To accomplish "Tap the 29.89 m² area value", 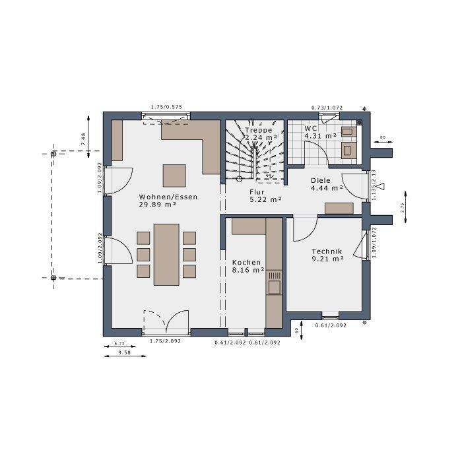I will click(x=158, y=205).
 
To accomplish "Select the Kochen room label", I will click(x=246, y=262).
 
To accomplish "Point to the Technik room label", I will click(x=326, y=251).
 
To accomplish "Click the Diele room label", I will click(x=321, y=179).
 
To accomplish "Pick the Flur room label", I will click(x=257, y=191).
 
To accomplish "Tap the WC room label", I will click(x=311, y=127).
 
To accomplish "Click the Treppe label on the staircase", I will click(x=258, y=130).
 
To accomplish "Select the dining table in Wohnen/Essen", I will click(x=166, y=254).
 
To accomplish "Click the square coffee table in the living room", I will click(x=175, y=176).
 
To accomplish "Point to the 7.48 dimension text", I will click(x=83, y=139).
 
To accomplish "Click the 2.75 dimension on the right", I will click(x=402, y=206).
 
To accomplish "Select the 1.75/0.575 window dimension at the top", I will click(x=166, y=107).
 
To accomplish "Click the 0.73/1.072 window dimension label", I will click(x=327, y=107).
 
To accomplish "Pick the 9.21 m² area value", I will click(x=327, y=259).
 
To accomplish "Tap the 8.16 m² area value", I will click(x=248, y=270).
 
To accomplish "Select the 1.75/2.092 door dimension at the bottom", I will click(x=166, y=341).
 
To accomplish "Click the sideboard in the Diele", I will click(x=339, y=209).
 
